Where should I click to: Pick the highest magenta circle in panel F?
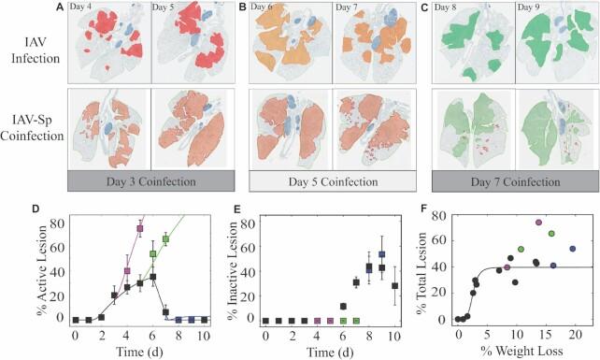(x=538, y=222)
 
